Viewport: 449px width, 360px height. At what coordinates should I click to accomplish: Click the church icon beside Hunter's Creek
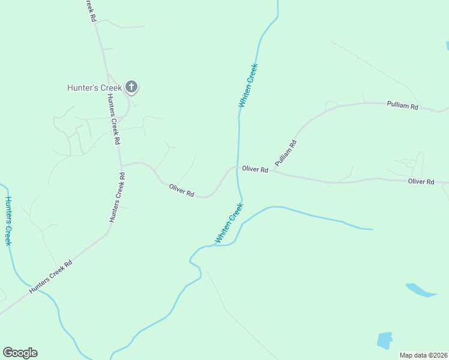132,88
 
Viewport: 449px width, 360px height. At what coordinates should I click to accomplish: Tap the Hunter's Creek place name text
94,88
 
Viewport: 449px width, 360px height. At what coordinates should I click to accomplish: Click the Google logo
20,353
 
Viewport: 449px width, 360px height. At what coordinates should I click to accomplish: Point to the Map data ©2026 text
424,355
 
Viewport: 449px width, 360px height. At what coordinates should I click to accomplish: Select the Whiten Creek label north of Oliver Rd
248,85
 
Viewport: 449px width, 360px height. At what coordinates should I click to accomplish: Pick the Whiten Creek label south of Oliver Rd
229,223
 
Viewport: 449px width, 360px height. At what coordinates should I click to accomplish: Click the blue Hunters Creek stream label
8,221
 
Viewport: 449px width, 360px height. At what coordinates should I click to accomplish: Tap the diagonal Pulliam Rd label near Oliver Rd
286,153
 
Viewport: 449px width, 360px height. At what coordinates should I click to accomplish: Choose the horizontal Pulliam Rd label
402,106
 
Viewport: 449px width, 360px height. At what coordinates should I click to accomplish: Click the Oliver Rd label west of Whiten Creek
181,191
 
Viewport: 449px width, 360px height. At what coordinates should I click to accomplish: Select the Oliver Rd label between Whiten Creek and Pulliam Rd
255,170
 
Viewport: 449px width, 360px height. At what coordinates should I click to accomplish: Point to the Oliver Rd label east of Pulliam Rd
420,181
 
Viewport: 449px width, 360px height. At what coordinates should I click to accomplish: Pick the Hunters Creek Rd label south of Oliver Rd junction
117,198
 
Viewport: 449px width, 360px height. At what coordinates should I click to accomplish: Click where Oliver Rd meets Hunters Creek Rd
121,166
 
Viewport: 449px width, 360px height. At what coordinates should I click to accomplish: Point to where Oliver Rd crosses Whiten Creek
239,167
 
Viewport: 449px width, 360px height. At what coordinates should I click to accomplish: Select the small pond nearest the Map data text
384,340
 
